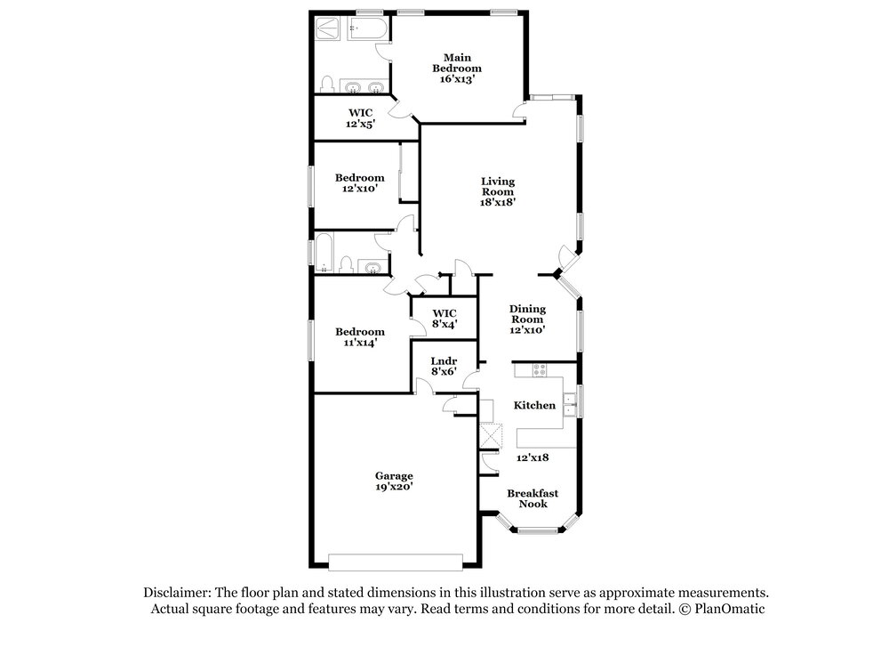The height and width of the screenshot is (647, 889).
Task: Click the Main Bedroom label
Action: [x=457, y=62]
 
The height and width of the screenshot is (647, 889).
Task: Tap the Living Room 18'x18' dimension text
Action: [x=498, y=201]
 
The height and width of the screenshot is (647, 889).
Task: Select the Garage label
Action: [x=394, y=475]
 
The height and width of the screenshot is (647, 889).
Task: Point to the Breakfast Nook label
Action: [x=533, y=498]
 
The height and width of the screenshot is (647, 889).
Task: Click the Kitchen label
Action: [x=534, y=405]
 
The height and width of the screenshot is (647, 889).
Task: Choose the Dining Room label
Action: [x=527, y=314]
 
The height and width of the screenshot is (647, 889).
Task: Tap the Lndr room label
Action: [x=444, y=361]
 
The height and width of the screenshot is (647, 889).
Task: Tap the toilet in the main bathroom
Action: [x=326, y=84]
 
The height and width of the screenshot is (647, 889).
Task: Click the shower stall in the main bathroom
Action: [x=327, y=28]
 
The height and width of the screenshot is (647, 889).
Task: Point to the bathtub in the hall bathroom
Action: [x=324, y=253]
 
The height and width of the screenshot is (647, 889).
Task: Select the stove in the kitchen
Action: [x=540, y=370]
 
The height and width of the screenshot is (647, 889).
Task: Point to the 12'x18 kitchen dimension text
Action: [x=533, y=457]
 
